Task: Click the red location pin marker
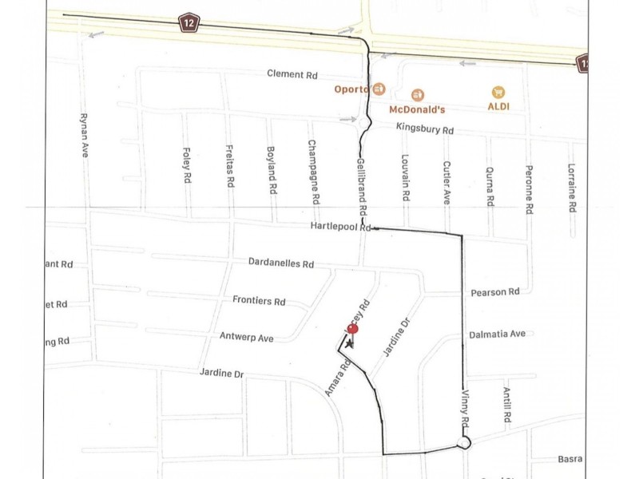tap(352, 328)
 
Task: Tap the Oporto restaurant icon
tap(379, 89)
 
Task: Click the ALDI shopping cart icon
tap(499, 93)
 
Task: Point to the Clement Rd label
tap(292, 75)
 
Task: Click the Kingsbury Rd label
tap(425, 129)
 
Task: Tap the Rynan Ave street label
tap(83, 134)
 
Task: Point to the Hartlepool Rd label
tap(341, 228)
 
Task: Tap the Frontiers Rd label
tap(259, 302)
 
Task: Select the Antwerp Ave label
tap(247, 338)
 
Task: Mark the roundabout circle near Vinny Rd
tap(462, 443)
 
